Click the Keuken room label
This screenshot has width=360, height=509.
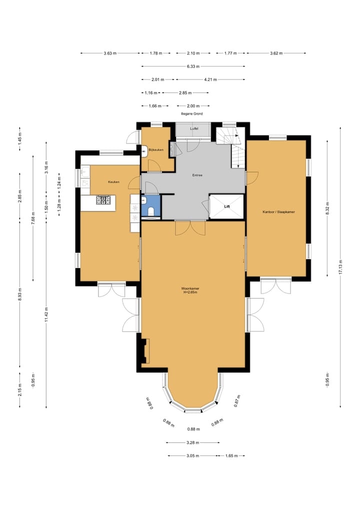113,182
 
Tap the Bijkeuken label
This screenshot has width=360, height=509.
156,150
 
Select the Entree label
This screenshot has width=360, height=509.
197,175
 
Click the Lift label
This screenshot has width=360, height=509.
227,206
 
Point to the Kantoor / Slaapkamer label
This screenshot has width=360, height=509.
278,212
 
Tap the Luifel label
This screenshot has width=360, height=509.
194,129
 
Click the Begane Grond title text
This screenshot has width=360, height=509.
192,114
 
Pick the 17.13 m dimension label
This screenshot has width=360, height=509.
340,267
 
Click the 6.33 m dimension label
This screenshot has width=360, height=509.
193,66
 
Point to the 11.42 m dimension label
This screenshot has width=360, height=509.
46,314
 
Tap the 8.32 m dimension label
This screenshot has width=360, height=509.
327,208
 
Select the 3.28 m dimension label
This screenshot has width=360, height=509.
193,442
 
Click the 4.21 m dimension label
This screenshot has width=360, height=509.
210,79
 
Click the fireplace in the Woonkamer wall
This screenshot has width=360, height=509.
145,351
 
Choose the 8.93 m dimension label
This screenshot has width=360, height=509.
20,294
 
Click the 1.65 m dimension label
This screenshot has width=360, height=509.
231,456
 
